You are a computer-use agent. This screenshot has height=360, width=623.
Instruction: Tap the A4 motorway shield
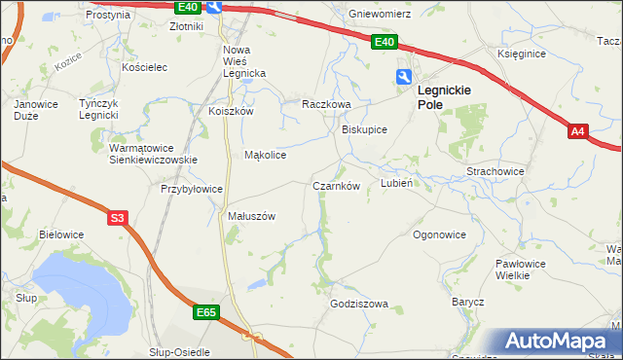[578, 131]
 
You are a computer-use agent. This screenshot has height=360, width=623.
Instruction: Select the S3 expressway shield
[118, 219]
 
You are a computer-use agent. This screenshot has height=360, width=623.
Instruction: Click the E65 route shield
[205, 312]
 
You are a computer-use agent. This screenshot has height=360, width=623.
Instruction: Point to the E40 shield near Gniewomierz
[384, 42]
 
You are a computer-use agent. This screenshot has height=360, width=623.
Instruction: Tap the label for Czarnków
[336, 185]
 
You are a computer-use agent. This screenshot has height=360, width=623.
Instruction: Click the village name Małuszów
[251, 216]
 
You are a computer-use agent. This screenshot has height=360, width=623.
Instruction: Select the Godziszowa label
[359, 304]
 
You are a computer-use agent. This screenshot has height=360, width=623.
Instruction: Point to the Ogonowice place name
[439, 234]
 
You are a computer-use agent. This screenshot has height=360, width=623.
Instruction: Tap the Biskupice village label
[365, 129]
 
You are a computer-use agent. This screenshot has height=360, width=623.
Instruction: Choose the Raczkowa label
[325, 103]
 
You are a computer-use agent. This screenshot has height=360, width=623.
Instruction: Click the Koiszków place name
[231, 111]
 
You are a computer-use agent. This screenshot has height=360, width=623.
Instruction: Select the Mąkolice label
[265, 155]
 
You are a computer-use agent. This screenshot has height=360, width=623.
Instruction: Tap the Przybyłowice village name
[193, 189]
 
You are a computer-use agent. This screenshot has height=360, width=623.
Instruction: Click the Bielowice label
[61, 234]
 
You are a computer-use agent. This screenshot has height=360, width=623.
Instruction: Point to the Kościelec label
[146, 67]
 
